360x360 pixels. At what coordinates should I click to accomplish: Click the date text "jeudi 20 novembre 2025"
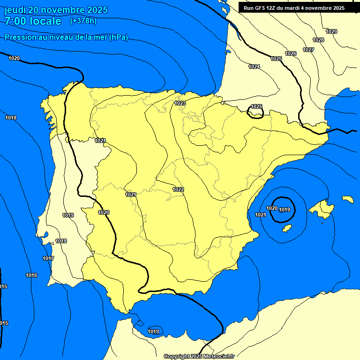coord(56,10)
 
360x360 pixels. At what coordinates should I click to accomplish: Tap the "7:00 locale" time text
coord(33,21)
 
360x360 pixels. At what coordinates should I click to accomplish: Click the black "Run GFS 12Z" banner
coord(294,8)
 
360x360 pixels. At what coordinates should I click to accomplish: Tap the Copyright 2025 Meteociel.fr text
coord(199,356)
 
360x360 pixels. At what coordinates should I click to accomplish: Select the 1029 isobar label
coord(331,31)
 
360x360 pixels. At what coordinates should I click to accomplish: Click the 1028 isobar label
coord(318,40)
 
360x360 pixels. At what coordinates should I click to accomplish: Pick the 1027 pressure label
coord(308,50)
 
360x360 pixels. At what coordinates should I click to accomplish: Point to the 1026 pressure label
coord(291,53)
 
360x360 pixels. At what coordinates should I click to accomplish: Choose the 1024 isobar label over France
coord(254,67)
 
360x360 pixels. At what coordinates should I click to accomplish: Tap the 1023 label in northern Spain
coord(180,103)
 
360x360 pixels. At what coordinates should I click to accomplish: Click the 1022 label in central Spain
coord(178,189)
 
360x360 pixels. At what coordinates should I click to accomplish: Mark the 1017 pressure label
coord(48,258)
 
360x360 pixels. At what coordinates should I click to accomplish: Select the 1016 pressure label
coord(31,275)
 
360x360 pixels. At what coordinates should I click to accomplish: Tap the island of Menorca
coord(347,199)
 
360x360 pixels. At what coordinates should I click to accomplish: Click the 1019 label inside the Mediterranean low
coord(285,210)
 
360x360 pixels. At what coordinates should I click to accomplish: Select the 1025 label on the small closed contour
coord(256,106)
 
